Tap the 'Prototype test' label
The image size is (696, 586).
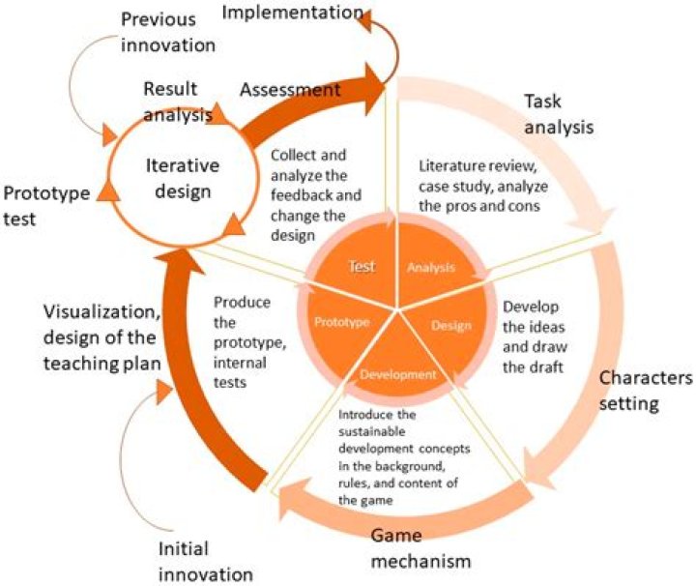pos(46,205)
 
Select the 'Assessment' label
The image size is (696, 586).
pos(290,90)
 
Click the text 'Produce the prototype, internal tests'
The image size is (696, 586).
pos(242,329)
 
